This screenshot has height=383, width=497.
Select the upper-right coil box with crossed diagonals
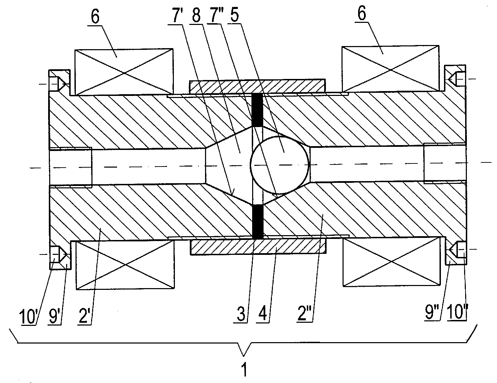(390, 69)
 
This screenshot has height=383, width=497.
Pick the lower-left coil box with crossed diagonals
(125, 265)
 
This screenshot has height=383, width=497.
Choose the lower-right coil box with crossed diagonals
(391, 261)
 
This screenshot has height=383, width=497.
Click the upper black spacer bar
(257, 109)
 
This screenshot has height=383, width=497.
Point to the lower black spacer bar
(258, 222)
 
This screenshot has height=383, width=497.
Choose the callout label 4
(262, 314)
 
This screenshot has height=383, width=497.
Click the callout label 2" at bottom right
(303, 313)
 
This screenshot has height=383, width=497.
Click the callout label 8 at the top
(196, 16)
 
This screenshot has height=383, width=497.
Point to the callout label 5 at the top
(234, 15)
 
